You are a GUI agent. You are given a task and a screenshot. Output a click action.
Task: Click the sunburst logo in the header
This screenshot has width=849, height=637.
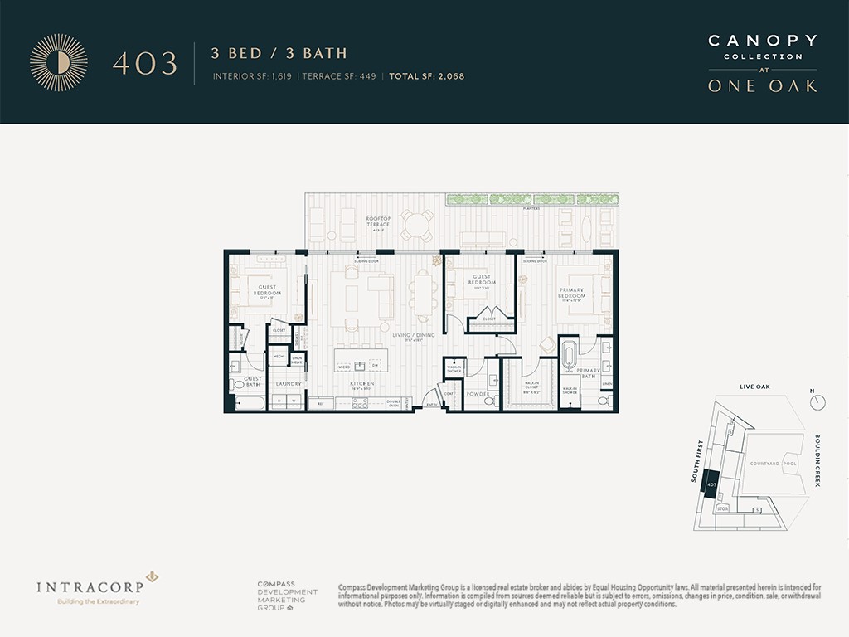coord(58,62)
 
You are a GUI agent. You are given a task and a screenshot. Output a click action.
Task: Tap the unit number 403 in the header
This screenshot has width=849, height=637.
coord(145,64)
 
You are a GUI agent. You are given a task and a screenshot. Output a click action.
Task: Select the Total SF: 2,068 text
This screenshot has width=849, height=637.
coord(427,76)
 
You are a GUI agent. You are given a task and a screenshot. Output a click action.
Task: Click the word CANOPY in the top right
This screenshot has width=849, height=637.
coord(762,41)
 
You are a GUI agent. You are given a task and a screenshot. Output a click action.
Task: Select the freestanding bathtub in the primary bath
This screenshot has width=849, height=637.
coord(570,356)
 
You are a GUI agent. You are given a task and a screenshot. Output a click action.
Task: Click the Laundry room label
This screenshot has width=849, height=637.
coord(288,384)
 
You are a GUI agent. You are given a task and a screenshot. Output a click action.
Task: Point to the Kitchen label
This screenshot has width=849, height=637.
coord(362,384)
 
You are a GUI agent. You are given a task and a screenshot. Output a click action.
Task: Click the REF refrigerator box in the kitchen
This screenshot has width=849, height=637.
coord(320,404)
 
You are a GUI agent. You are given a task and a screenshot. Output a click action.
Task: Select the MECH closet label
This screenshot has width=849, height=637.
coord(279,357)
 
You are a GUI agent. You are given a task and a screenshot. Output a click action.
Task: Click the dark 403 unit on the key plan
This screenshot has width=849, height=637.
coord(711,484)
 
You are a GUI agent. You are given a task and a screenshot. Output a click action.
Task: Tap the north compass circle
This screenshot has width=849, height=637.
coord(818,402)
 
